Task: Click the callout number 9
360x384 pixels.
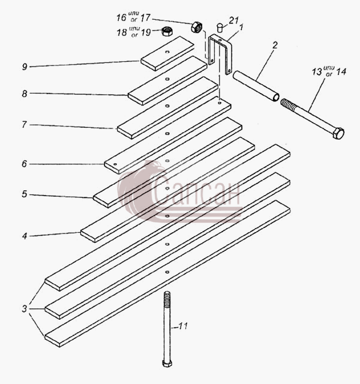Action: (x=25, y=67)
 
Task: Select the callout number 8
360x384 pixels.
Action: (x=25, y=94)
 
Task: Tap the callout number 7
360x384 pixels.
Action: (x=24, y=125)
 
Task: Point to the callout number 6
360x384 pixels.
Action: (x=24, y=164)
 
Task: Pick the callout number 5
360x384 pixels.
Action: (x=24, y=194)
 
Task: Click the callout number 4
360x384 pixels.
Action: (x=25, y=236)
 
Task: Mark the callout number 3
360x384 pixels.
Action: (x=24, y=309)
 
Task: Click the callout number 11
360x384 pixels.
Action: (x=183, y=326)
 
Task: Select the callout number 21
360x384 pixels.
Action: (x=233, y=20)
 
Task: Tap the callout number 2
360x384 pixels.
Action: (x=275, y=46)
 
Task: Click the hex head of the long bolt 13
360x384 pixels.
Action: (x=338, y=133)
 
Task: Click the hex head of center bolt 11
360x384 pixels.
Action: (x=167, y=363)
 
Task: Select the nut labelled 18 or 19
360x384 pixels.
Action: (x=167, y=31)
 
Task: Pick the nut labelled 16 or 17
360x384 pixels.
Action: (x=197, y=27)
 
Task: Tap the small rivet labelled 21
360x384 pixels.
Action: (x=220, y=28)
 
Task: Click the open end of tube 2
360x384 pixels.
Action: (x=276, y=97)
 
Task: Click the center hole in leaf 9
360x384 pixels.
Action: (x=167, y=52)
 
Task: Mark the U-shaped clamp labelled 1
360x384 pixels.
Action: (x=220, y=54)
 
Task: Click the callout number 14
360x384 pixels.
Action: (x=341, y=72)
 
